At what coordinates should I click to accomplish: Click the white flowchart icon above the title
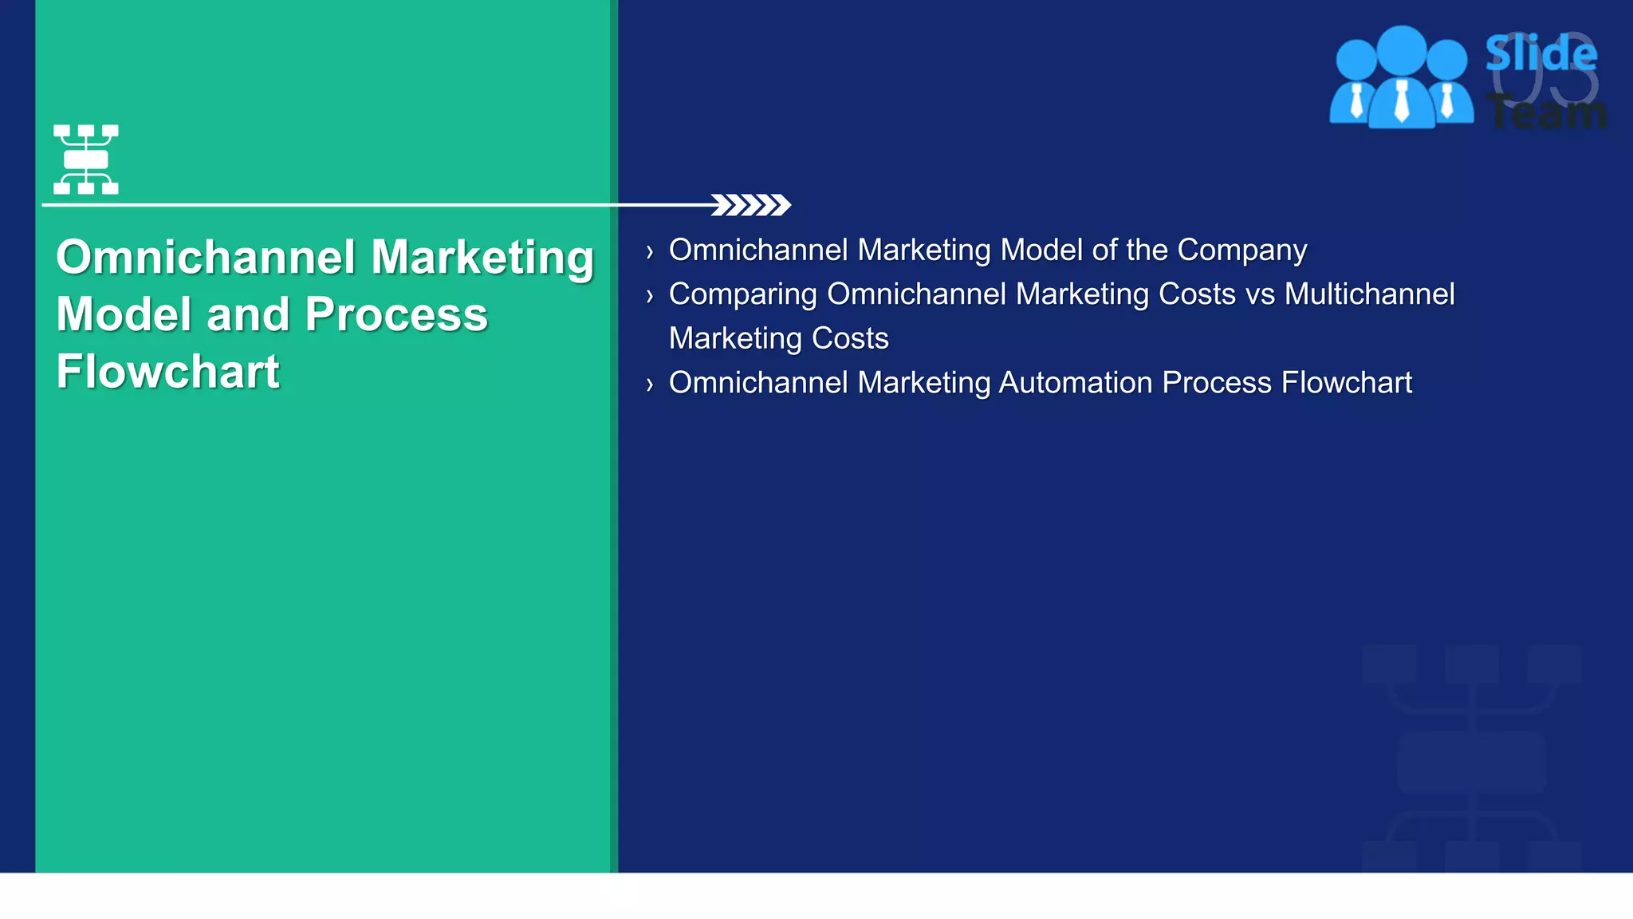(x=86, y=159)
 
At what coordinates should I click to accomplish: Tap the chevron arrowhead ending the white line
(x=750, y=205)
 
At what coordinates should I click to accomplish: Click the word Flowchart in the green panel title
(x=168, y=372)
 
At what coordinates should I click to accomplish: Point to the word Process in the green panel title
(x=396, y=314)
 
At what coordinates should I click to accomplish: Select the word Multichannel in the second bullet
(x=1369, y=294)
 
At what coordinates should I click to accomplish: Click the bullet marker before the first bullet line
(x=650, y=253)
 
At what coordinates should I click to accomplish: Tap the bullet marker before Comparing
(x=650, y=297)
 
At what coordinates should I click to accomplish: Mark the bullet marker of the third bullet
(x=650, y=385)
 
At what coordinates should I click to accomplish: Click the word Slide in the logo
(x=1541, y=53)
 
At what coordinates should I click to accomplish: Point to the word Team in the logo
(x=1547, y=112)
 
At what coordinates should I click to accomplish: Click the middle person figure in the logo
(x=1401, y=80)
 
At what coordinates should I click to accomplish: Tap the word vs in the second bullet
(x=1260, y=294)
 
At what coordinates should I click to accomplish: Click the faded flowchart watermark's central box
(x=1471, y=763)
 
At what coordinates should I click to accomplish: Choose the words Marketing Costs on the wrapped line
(x=778, y=338)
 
